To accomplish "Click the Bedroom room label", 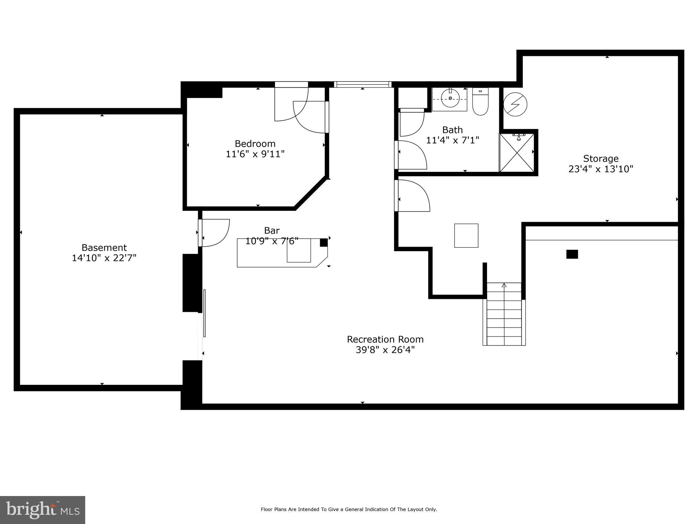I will click(255, 144).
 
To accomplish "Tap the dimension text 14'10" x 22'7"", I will click(104, 258).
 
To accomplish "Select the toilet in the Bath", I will click(480, 102).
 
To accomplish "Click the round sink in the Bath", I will click(450, 98).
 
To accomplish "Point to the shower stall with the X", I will click(517, 153).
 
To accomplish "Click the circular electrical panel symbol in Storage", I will click(515, 104).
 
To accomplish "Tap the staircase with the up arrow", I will click(504, 314).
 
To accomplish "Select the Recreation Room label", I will click(385, 339).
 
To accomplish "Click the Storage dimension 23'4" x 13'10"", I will click(601, 169).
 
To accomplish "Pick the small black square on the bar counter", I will click(323, 243).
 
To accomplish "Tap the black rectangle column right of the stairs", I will click(572, 254).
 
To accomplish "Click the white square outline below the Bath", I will click(466, 235).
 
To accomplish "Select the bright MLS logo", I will click(43, 510).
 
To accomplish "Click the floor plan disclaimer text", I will click(349, 509).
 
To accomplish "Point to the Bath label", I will click(452, 130).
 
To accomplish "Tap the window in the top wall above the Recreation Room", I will click(362, 84).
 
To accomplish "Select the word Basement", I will click(104, 248).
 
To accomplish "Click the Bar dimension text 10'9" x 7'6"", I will click(272, 241).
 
